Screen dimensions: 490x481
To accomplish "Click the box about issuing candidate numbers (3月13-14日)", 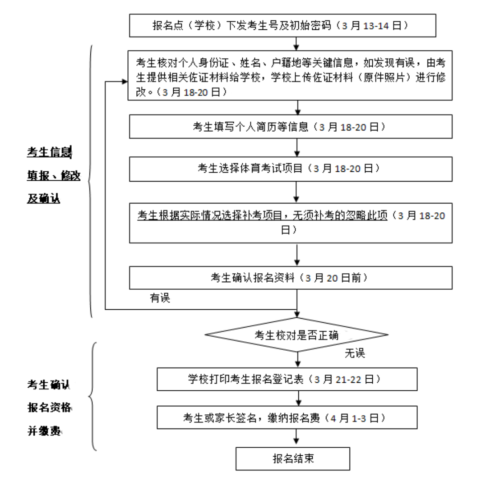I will click(283, 26).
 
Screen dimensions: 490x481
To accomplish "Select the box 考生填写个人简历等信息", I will click(290, 127).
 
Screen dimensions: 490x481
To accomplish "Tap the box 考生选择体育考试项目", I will click(290, 168).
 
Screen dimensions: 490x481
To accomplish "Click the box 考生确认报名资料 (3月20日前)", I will click(290, 277).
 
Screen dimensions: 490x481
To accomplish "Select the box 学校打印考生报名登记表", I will click(287, 379).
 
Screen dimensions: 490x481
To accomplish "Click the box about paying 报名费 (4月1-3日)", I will click(287, 418).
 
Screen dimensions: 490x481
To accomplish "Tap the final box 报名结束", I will click(293, 458).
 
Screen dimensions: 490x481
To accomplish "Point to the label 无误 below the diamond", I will click(355, 353).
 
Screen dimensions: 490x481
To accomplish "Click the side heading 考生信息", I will click(49, 153).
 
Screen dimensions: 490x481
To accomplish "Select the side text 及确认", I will click(44, 198).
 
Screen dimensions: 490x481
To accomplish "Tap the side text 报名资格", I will click(49, 408).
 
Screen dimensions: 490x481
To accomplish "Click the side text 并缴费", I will click(44, 431).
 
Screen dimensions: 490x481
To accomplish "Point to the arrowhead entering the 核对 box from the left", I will click(124, 82).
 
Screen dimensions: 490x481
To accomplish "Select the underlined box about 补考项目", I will click(290, 223).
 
